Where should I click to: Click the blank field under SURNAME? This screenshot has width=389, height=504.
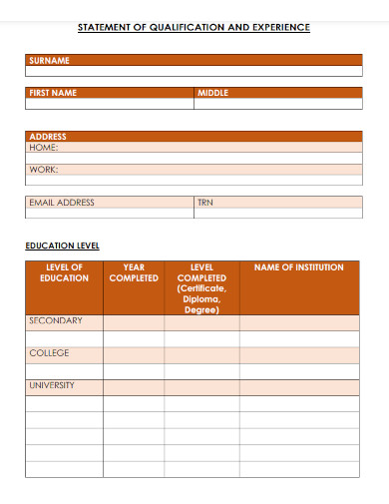(x=194, y=72)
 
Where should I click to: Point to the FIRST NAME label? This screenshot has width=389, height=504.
(x=53, y=93)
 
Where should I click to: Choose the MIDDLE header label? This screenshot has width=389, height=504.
(x=212, y=93)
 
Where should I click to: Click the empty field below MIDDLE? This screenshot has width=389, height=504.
(x=278, y=104)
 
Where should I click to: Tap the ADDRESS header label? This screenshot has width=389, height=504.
(x=47, y=136)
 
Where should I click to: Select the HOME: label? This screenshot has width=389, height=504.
(x=44, y=147)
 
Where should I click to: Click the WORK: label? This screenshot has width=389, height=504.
(x=44, y=170)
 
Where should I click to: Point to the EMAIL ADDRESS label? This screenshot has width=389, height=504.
(x=62, y=203)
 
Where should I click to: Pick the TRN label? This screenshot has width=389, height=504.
(x=205, y=203)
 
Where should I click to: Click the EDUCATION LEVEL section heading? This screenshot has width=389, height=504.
(x=62, y=246)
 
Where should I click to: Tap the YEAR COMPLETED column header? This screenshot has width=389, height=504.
(x=134, y=272)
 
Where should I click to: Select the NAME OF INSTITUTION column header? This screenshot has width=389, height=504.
(x=299, y=267)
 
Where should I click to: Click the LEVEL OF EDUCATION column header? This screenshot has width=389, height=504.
(x=64, y=272)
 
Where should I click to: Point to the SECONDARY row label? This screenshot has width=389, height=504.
(x=56, y=321)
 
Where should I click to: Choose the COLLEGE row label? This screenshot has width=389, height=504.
(x=50, y=353)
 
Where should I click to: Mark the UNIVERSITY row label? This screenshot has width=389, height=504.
(x=52, y=385)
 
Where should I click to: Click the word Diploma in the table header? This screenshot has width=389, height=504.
(x=201, y=299)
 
